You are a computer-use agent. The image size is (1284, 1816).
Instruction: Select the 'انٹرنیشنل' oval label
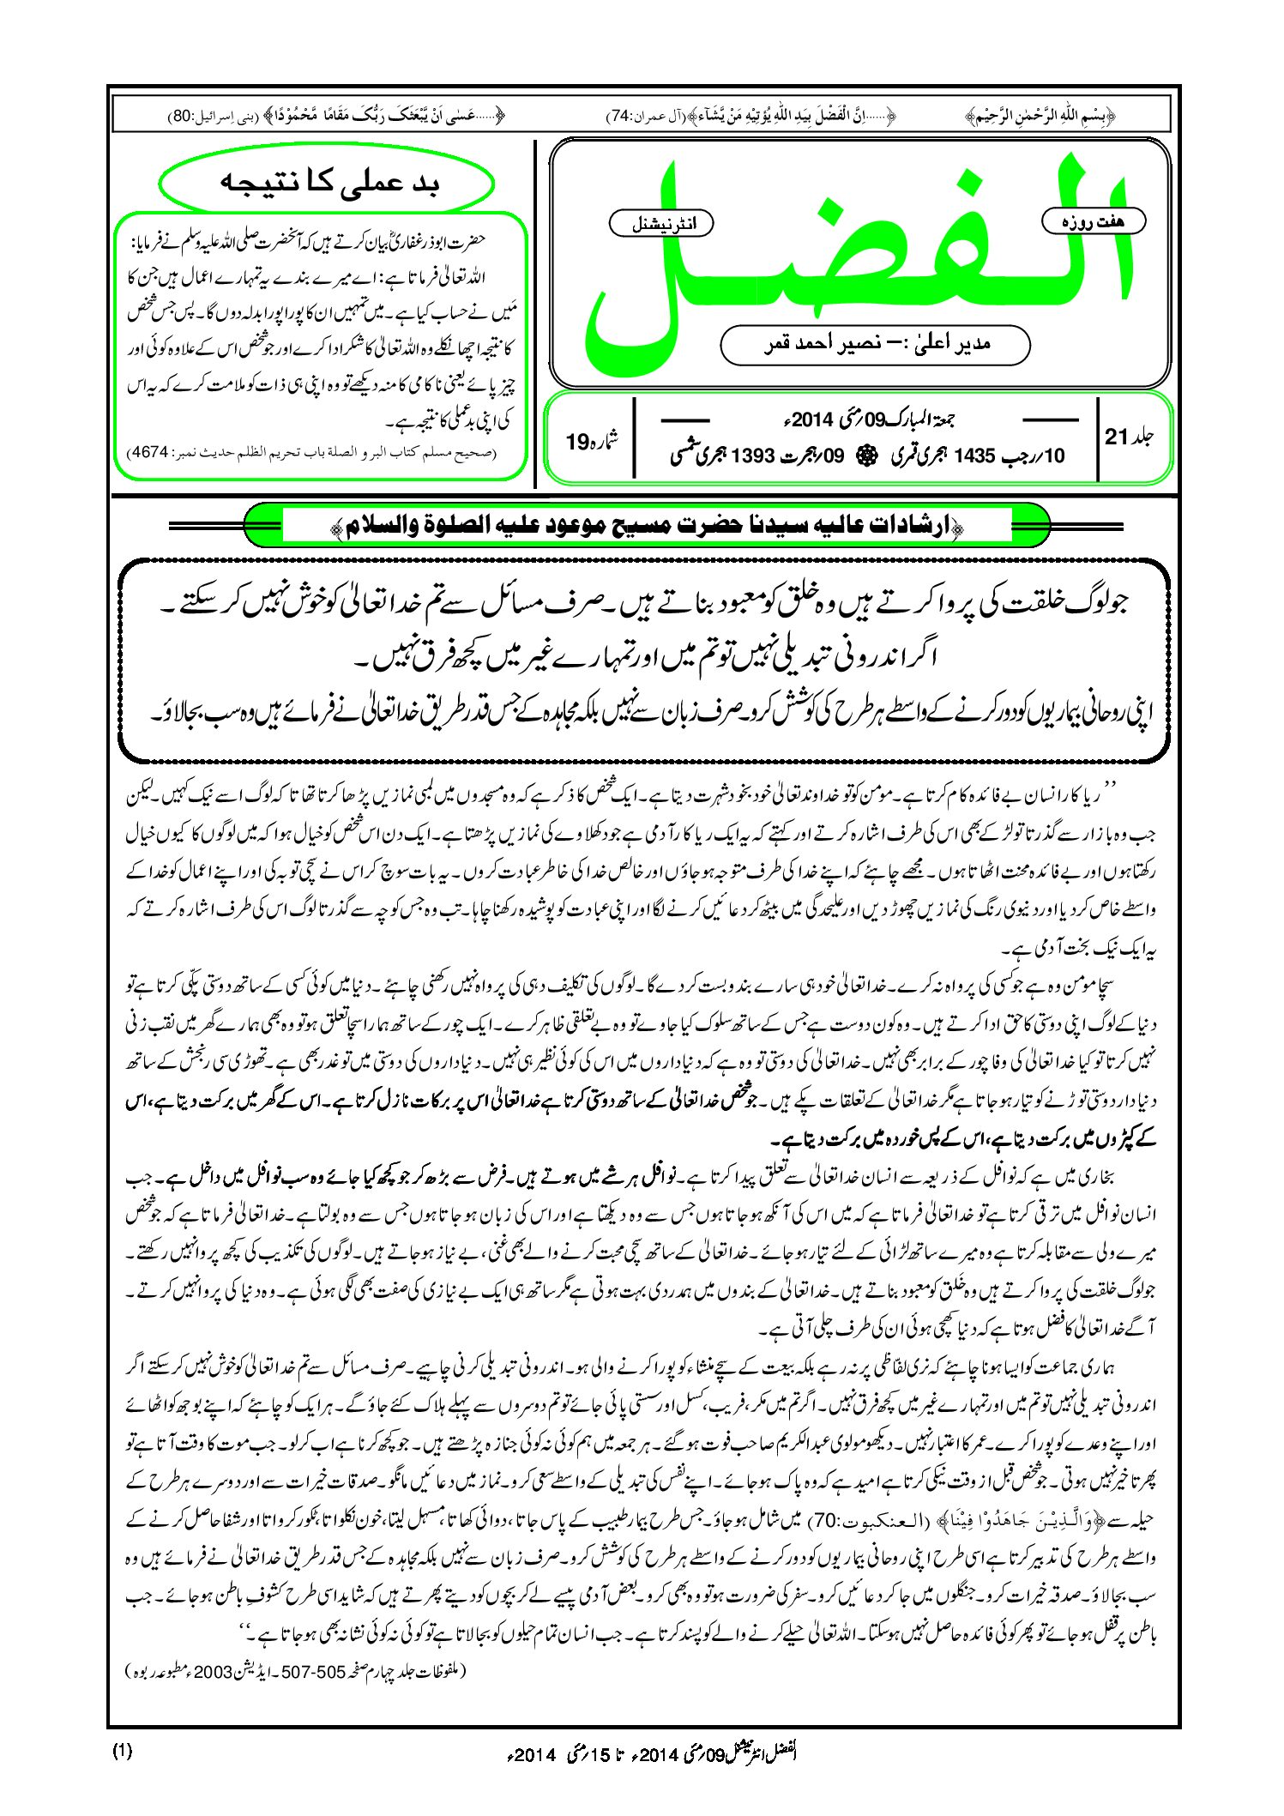(x=660, y=224)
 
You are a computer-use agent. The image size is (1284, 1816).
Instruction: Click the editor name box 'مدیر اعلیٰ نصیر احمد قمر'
(x=875, y=344)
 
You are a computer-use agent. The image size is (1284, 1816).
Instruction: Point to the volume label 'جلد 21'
(x=1129, y=437)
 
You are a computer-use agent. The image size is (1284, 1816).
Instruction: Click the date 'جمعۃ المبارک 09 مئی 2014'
(x=866, y=419)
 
